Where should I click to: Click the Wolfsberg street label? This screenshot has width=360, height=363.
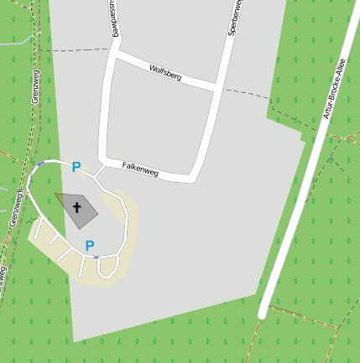pyautogui.click(x=164, y=72)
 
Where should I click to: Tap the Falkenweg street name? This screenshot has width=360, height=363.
pyautogui.click(x=140, y=168)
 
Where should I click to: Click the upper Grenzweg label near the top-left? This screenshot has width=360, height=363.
pyautogui.click(x=35, y=86)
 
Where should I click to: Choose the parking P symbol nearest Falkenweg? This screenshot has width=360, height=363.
pyautogui.click(x=76, y=168)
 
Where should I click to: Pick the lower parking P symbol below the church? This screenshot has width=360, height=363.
pyautogui.click(x=90, y=245)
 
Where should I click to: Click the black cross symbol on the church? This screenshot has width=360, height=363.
pyautogui.click(x=77, y=206)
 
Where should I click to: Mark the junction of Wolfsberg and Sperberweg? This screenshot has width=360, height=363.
pyautogui.click(x=221, y=87)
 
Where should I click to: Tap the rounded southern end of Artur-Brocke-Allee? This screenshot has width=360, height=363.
pyautogui.click(x=263, y=314)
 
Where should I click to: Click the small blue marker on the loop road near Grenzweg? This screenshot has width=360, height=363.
pyautogui.click(x=40, y=163)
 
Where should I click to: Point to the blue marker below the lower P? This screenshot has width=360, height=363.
pyautogui.click(x=96, y=257)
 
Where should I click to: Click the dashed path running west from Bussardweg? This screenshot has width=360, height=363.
pyautogui.click(x=76, y=50)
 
